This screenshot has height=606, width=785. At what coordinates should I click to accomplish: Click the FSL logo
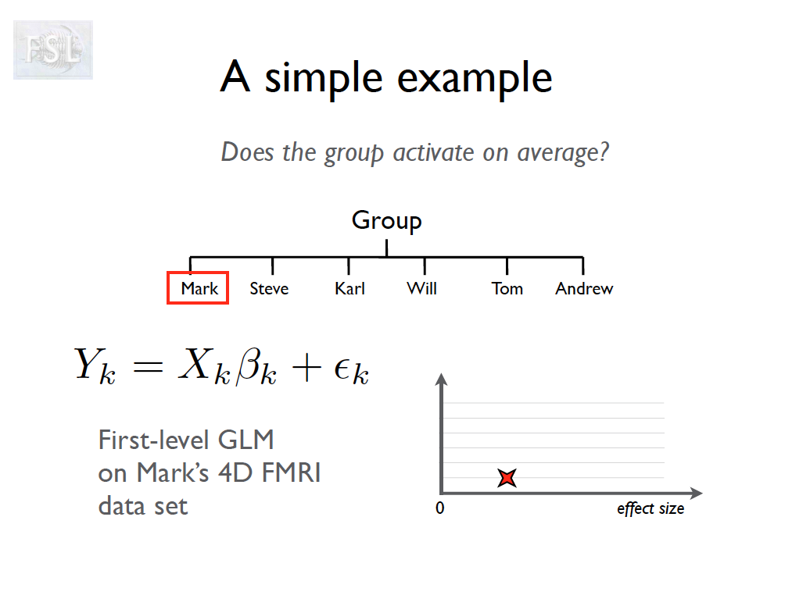(53, 49)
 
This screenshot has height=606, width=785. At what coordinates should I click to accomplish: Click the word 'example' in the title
(475, 79)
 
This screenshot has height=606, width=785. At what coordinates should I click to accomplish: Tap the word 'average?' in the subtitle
(563, 152)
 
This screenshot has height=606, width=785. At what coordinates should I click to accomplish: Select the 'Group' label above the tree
(386, 221)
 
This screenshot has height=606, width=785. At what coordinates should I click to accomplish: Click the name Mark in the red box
(199, 288)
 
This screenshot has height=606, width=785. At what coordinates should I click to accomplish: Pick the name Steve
(269, 288)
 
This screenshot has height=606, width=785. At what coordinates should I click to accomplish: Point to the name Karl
(349, 288)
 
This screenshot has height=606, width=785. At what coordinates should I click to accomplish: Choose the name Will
(421, 288)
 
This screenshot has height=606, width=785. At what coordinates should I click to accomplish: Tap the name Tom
(507, 288)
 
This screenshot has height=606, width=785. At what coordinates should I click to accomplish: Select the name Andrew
(584, 288)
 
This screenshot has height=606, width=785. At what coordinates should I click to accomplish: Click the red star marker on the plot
(507, 477)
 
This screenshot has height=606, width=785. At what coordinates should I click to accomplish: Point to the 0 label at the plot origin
(439, 508)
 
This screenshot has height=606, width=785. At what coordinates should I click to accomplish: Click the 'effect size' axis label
(651, 508)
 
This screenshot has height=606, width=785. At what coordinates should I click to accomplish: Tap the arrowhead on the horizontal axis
(697, 493)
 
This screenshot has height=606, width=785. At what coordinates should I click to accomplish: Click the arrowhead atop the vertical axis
(441, 380)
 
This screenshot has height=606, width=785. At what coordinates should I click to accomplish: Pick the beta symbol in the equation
(249, 366)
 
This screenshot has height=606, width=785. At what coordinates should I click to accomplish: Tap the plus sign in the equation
(306, 369)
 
